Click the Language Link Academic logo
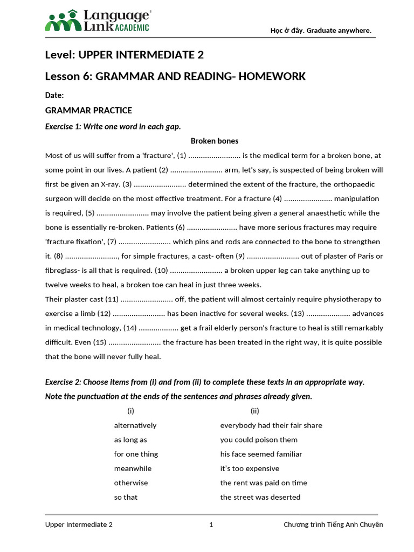[97, 20]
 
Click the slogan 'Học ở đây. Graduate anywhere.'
[321, 30]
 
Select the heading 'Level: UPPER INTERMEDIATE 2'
[124, 55]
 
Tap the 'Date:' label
[54, 95]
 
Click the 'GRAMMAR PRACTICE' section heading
[88, 111]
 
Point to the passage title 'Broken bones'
[215, 141]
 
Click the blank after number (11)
[146, 299]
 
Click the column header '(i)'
[130, 411]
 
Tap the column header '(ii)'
[255, 411]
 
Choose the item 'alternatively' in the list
[135, 425]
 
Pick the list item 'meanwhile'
[133, 468]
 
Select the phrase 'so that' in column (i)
[126, 497]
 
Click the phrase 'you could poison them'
[259, 440]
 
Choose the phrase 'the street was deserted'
[260, 497]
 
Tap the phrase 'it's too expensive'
[250, 468]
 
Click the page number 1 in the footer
[211, 525]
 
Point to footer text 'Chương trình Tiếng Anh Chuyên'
[333, 525]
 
